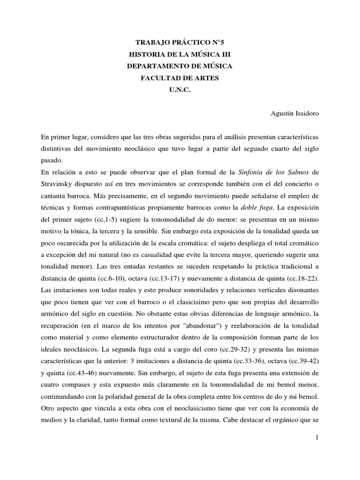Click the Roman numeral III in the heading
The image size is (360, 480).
226,54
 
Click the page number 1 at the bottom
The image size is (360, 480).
317,437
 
